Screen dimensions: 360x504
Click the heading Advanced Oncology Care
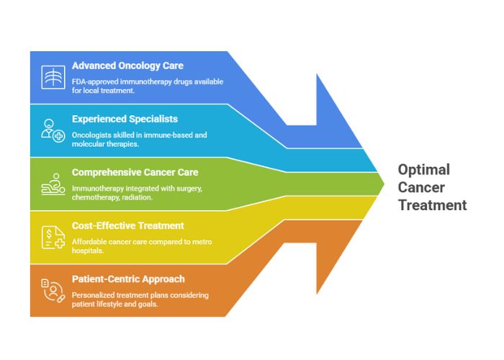click(x=127, y=66)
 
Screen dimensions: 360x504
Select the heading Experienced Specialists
click(x=125, y=119)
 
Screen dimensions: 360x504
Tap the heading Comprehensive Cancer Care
click(x=135, y=172)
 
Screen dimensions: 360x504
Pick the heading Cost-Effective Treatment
click(x=127, y=225)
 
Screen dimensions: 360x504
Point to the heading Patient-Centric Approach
click(x=128, y=279)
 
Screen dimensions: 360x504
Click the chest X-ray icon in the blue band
click(x=51, y=77)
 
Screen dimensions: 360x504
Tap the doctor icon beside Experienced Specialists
click(x=51, y=130)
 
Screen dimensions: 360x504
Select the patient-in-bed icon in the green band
click(x=51, y=184)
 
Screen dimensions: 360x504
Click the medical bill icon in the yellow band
click(x=51, y=237)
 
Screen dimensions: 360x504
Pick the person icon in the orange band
click(x=51, y=289)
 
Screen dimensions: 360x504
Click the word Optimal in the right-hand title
click(x=424, y=171)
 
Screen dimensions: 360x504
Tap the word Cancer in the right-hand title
click(x=421, y=188)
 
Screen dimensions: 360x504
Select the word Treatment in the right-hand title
click(x=433, y=205)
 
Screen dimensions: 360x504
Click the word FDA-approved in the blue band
click(x=95, y=81)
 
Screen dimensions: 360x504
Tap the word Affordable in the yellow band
click(x=89, y=241)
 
